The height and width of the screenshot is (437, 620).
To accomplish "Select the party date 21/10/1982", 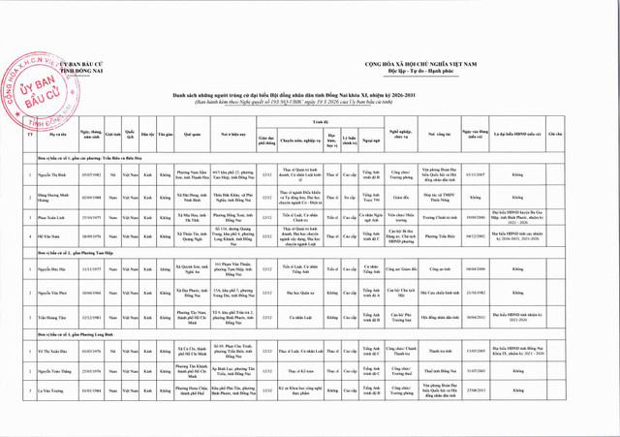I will coord(475,292).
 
